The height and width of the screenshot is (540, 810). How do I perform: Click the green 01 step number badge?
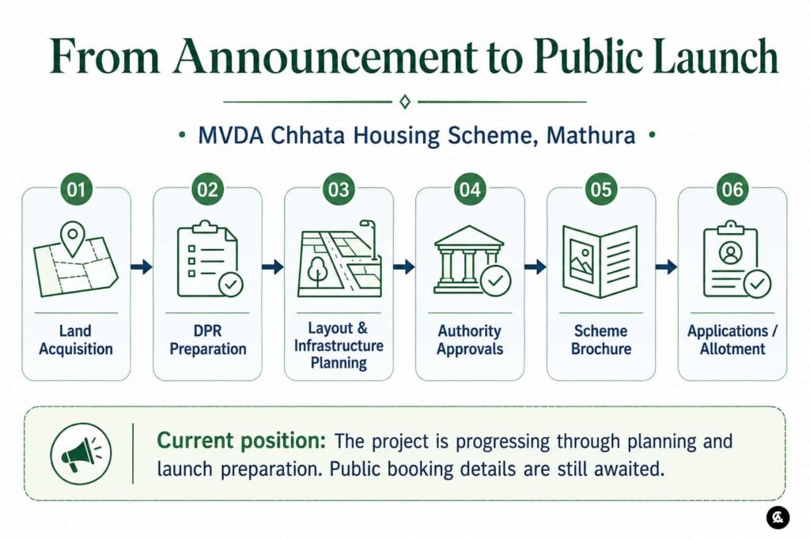point(76,190)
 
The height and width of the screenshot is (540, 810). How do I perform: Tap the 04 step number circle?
point(470,190)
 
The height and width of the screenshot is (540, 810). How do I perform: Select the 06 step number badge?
point(732,190)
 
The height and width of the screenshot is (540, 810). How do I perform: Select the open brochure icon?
point(600,261)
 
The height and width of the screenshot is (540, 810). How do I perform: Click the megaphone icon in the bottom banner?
point(81,454)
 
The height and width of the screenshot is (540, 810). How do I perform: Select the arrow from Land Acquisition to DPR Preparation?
point(142,267)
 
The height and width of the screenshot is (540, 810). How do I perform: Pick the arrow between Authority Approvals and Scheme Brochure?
point(536,267)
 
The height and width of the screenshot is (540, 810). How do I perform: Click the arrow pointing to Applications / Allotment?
point(666,267)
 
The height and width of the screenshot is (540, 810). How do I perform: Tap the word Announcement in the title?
point(324,56)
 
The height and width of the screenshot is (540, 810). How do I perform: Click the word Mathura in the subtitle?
point(590,135)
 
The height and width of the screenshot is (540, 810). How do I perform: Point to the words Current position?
point(241,441)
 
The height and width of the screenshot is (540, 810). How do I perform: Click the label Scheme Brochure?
point(601,340)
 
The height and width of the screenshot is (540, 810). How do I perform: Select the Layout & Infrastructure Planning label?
point(339,346)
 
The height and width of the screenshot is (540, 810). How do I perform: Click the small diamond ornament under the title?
point(405,102)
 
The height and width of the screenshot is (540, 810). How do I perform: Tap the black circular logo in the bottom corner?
point(778,517)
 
